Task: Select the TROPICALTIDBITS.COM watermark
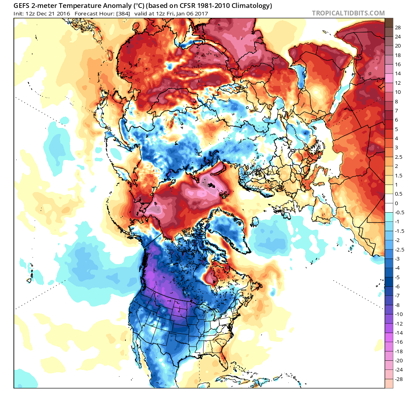(348, 13)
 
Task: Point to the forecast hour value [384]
(121, 13)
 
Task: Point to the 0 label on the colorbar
(396, 203)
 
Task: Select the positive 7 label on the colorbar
(396, 110)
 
